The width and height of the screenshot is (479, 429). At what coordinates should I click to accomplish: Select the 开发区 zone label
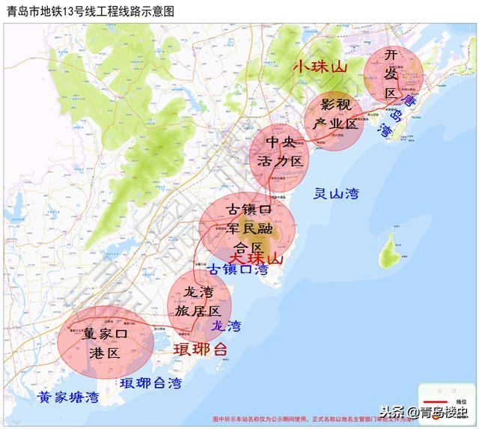(x=391, y=75)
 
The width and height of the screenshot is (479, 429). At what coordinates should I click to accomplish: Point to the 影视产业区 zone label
(x=335, y=114)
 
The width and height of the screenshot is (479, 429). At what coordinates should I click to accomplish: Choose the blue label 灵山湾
(x=336, y=194)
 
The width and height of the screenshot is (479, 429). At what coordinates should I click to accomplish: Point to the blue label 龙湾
(x=226, y=326)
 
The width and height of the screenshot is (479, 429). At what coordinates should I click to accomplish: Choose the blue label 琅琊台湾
(x=150, y=384)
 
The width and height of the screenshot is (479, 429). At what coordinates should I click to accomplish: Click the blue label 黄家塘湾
(x=68, y=398)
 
